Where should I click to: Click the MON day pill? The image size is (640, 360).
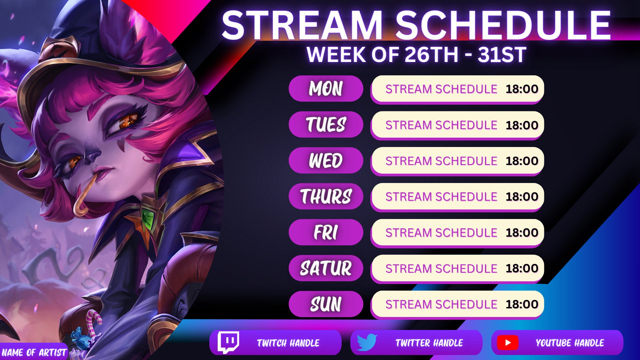(x=326, y=89)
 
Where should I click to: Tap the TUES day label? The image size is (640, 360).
(x=326, y=125)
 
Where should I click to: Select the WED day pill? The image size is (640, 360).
(x=326, y=160)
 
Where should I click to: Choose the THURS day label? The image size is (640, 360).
(x=326, y=196)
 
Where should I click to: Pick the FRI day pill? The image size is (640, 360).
(x=326, y=232)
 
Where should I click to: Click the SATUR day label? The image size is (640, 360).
(x=326, y=268)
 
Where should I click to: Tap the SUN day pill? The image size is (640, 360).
(x=326, y=304)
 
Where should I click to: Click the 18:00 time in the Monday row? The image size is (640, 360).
(x=522, y=89)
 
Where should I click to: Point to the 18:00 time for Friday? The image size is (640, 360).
(x=522, y=232)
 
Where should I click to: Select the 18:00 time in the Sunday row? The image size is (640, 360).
(x=522, y=304)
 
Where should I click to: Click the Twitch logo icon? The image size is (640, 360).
(x=228, y=342)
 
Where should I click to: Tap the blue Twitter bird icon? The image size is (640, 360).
(x=367, y=342)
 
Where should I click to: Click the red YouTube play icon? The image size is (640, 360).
(x=507, y=343)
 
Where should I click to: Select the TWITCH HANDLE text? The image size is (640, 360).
(x=288, y=343)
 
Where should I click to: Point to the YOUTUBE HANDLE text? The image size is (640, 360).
(x=570, y=343)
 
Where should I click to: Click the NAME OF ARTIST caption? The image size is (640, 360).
(x=34, y=352)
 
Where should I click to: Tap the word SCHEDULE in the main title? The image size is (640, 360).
(x=503, y=25)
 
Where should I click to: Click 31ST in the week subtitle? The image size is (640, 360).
(x=502, y=55)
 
